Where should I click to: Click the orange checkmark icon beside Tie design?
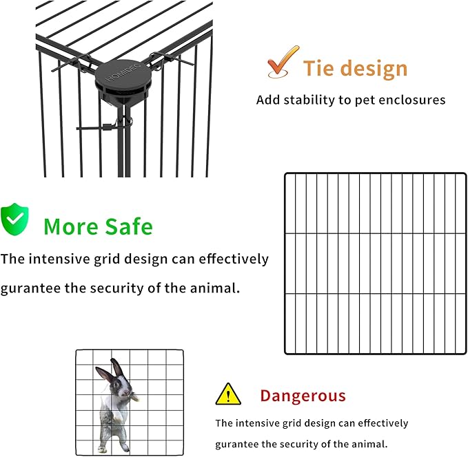tap(283, 63)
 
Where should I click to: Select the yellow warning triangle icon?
tap(227, 394)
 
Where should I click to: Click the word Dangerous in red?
tap(303, 396)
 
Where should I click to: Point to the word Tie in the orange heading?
tap(318, 69)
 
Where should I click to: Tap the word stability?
tap(307, 100)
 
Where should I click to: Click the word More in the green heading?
tap(69, 226)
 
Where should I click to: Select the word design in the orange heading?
tap(375, 69)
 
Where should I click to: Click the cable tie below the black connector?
tap(103, 127)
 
